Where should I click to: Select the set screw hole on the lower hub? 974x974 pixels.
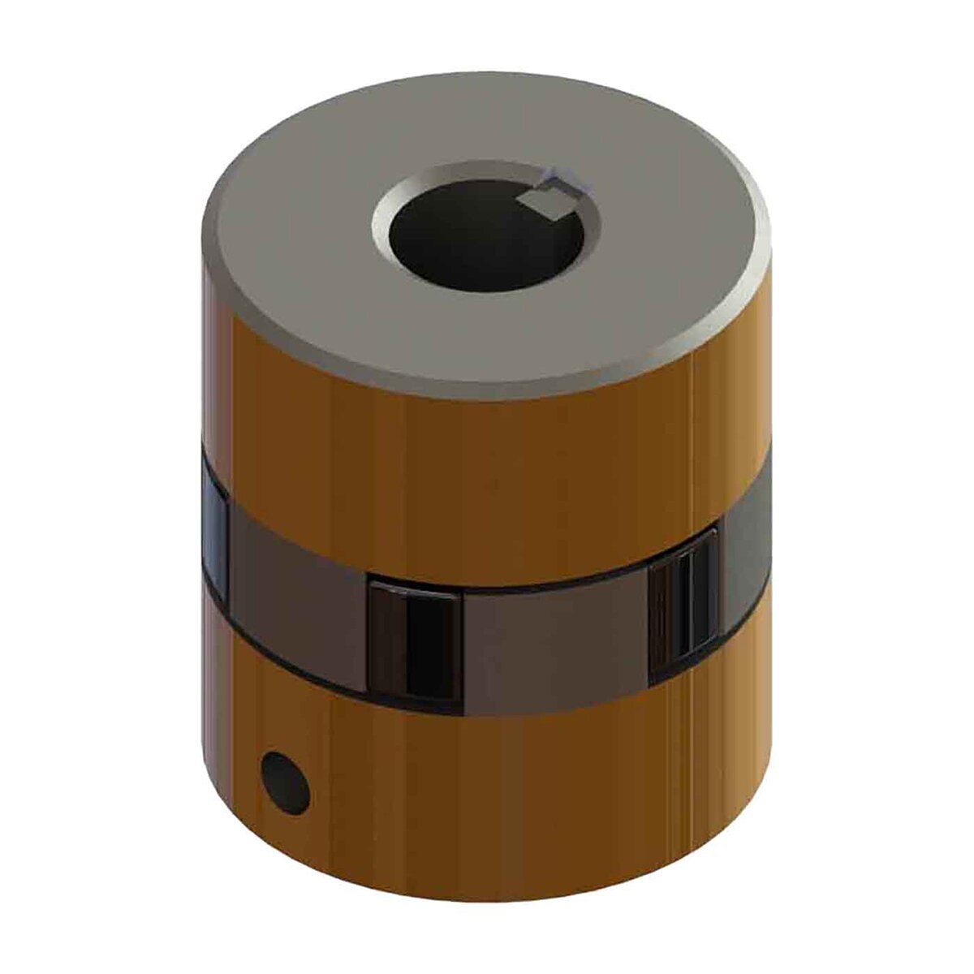pos(287,783)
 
